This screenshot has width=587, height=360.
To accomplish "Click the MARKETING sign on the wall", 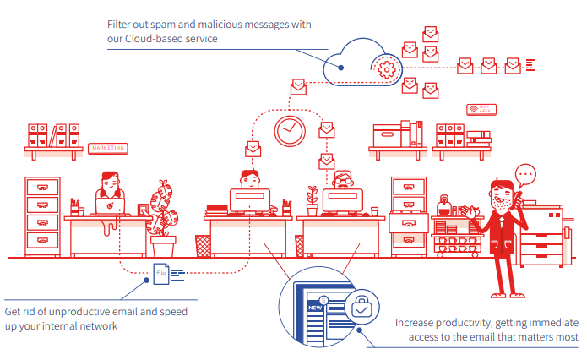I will [106, 148].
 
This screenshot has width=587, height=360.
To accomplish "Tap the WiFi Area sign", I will [481, 109].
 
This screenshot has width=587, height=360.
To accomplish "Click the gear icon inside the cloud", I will [387, 67].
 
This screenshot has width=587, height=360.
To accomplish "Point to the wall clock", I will [289, 130].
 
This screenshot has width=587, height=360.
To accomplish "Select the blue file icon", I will [161, 272].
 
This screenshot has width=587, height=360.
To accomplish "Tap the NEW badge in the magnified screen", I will [315, 308].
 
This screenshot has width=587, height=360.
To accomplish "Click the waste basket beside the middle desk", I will [203, 245].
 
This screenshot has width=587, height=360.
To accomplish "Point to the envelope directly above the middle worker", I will [252, 149].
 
